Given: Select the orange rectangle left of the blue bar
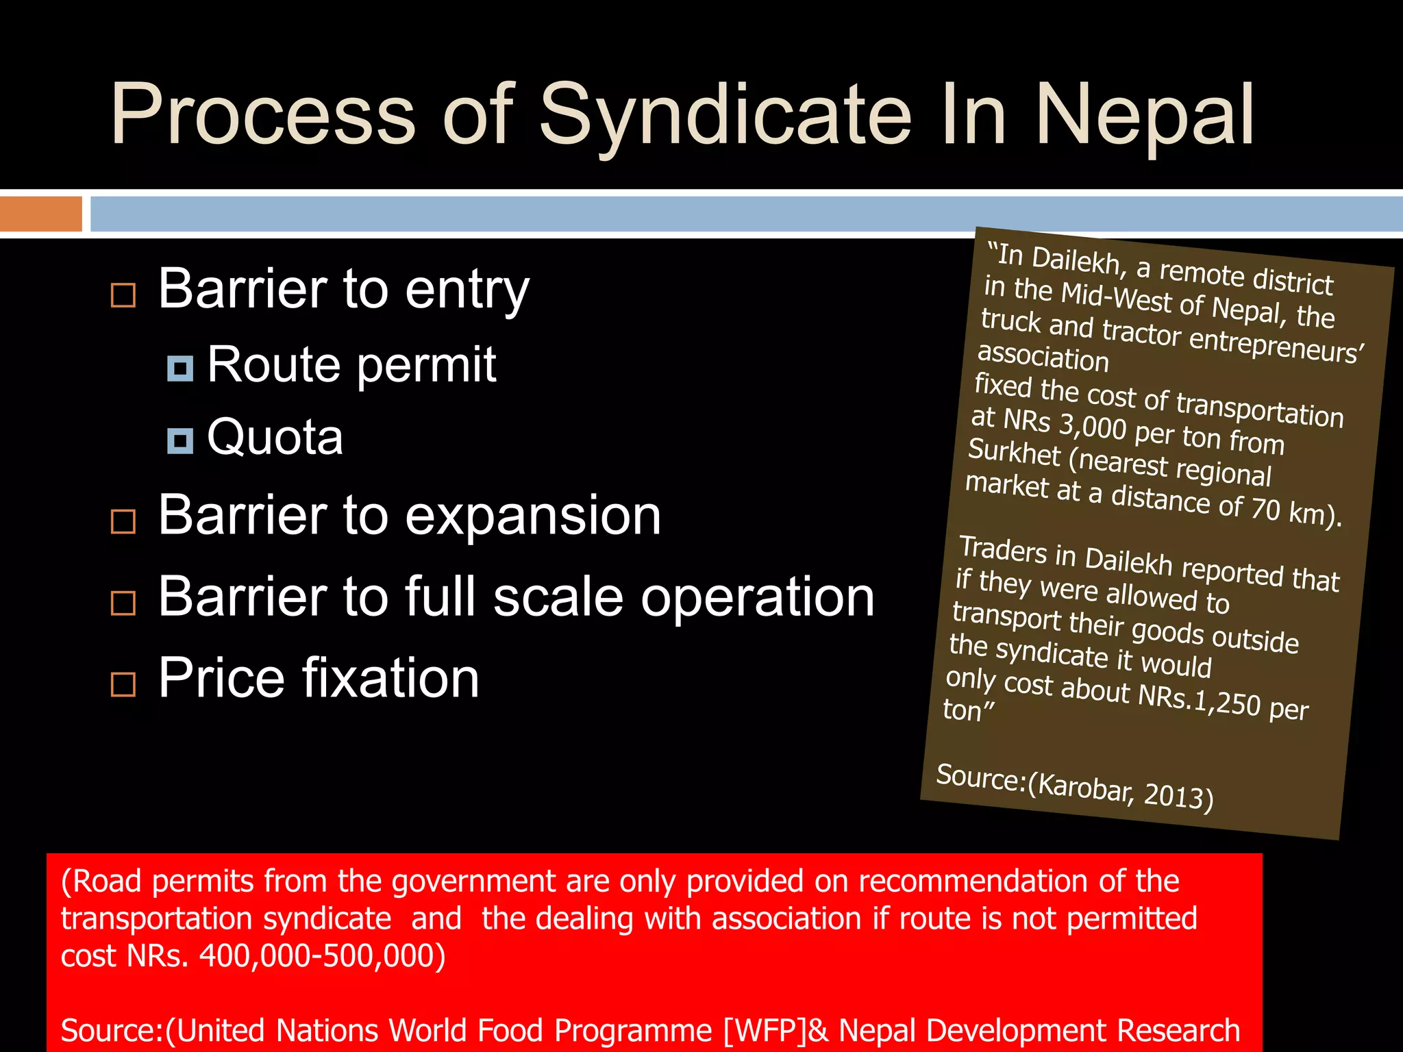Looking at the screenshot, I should tap(40, 214).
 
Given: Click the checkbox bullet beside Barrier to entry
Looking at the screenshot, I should tap(123, 295).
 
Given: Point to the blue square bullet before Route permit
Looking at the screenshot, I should tap(180, 368).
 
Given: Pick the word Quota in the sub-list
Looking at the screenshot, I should tap(275, 437).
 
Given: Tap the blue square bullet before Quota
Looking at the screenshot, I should tap(180, 441).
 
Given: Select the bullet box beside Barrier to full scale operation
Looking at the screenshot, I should tap(123, 603).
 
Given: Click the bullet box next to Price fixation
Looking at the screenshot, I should tap(123, 684).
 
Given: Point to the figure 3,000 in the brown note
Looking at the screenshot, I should tap(1093, 425).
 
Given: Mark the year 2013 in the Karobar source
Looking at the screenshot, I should tap(1178, 795).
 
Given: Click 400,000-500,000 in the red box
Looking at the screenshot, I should tap(322, 955).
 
